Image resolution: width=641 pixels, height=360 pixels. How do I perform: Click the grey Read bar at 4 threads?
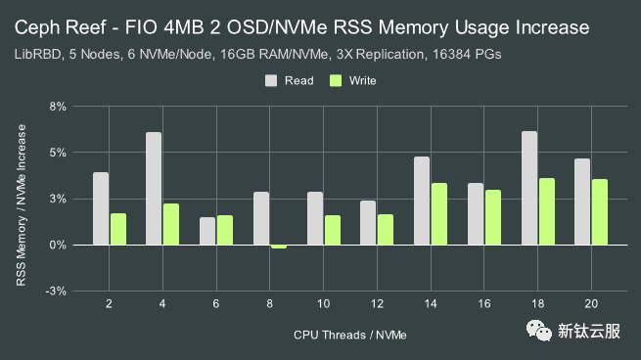pos(154,189)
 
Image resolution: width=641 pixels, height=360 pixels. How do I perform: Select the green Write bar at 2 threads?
pos(118,229)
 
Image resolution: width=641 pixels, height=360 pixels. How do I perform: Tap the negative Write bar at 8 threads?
pos(279,247)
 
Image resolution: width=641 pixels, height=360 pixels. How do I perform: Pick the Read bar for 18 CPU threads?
pos(529,188)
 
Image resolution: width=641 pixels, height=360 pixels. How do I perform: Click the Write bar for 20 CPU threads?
pos(600,212)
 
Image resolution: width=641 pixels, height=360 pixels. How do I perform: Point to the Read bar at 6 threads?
pos(207,231)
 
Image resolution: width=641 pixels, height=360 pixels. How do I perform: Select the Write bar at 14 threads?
pos(439,214)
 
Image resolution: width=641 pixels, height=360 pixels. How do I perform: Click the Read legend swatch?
pos(271,81)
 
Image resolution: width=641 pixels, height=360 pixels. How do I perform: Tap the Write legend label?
pos(362,81)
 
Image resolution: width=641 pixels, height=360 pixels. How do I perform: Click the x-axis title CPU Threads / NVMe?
pos(349,335)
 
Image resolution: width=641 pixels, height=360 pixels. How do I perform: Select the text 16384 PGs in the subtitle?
pos(464,55)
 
